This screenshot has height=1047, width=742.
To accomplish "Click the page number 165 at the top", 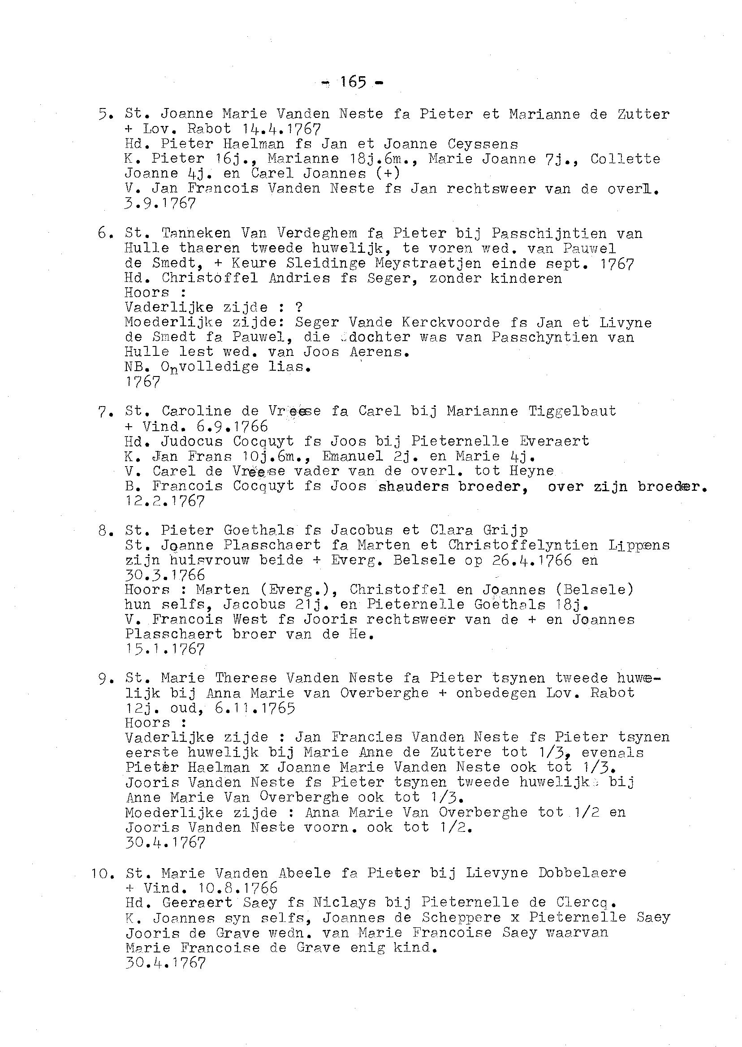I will (x=353, y=82).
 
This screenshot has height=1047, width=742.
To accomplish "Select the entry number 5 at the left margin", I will (x=105, y=114).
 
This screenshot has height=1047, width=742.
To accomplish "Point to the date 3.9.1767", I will (x=160, y=203).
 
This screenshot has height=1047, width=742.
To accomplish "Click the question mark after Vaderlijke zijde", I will (x=299, y=307).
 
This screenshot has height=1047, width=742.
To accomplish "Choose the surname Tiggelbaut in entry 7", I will (x=572, y=411).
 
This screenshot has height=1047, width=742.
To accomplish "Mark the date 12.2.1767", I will (x=164, y=502).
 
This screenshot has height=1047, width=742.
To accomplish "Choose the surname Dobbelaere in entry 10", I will (x=582, y=873).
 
